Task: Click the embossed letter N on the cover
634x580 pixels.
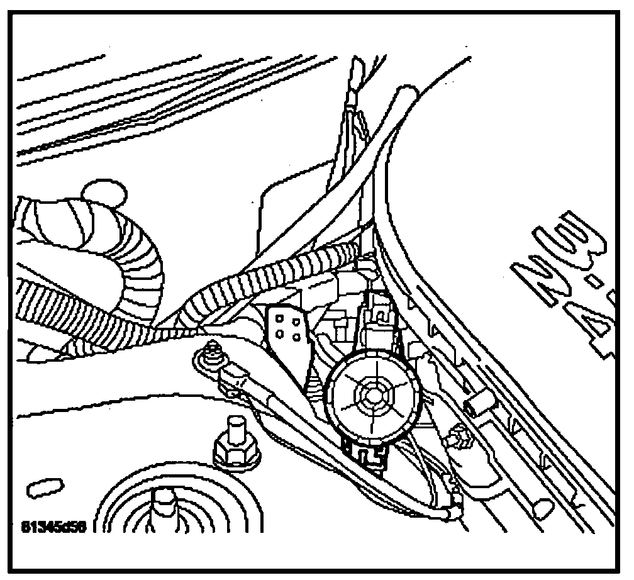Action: pos(535,277)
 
